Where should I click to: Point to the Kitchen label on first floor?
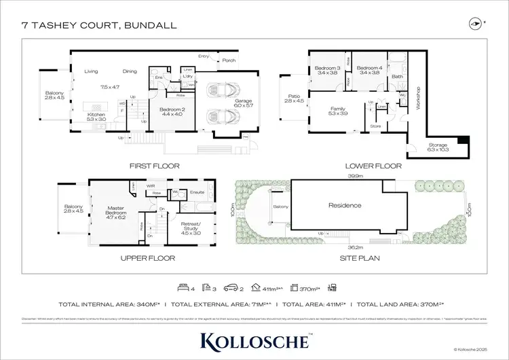tap(96, 115)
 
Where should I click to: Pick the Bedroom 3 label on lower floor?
tap(326, 69)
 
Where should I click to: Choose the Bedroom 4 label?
tap(369, 69)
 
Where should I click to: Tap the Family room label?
tap(337, 109)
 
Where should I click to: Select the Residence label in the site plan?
tap(344, 205)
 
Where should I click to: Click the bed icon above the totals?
tap(182, 287)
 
